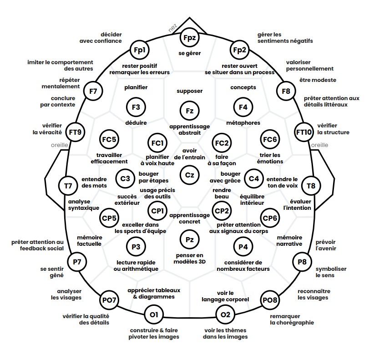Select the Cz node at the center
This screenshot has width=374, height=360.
(189, 174)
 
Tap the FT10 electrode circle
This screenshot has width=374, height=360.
(304, 132)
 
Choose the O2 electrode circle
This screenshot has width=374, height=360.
(225, 315)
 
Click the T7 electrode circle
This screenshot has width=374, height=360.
(68, 186)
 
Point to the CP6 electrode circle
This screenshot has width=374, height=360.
(270, 218)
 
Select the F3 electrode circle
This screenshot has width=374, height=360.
(136, 107)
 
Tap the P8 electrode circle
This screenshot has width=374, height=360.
(302, 262)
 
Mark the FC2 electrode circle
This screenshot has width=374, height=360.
(222, 143)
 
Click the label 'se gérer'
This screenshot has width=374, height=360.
(189, 53)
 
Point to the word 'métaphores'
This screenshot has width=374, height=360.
(243, 123)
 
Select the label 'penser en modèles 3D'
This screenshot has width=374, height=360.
(189, 259)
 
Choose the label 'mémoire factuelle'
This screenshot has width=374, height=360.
(89, 240)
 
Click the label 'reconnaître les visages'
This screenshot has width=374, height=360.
(313, 294)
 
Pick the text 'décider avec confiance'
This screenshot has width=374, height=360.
(101, 37)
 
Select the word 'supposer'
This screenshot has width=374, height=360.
(189, 91)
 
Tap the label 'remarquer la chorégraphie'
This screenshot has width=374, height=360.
(292, 319)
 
